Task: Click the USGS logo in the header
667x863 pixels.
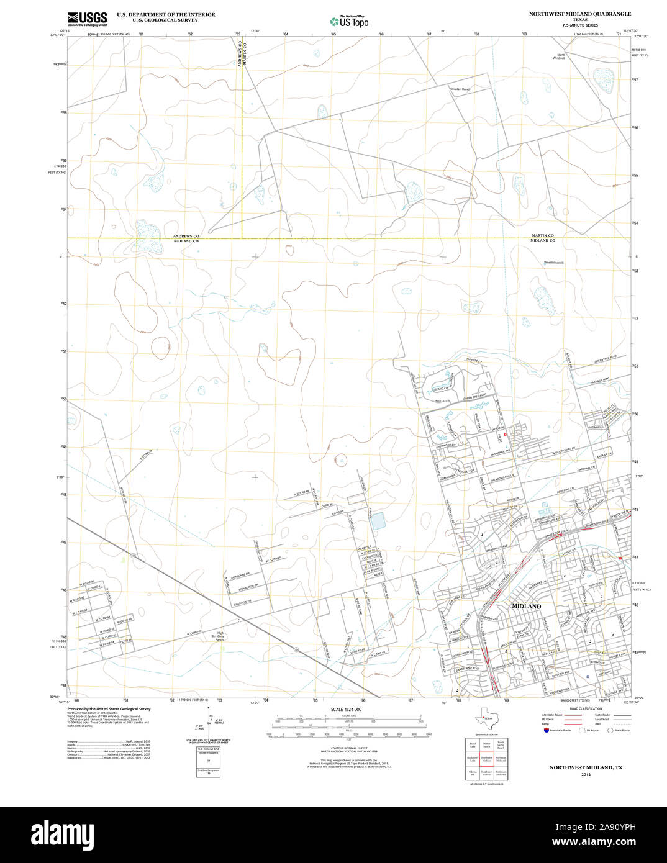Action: click(87, 19)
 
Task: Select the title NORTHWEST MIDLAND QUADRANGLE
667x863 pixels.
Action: click(579, 14)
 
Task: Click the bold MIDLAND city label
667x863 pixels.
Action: click(526, 605)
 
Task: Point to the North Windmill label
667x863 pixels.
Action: click(561, 56)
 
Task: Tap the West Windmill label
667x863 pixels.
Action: click(553, 263)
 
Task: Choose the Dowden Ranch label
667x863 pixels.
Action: click(460, 89)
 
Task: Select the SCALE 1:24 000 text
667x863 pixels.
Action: click(346, 709)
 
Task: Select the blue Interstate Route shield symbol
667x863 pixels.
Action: click(546, 730)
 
